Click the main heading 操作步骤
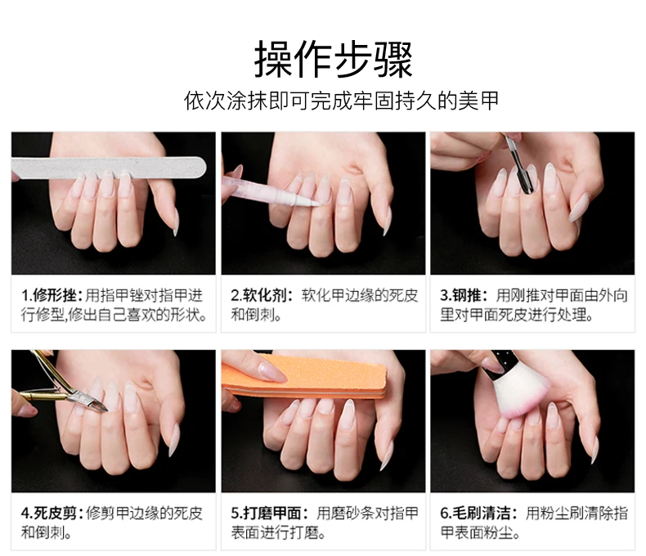(333, 60)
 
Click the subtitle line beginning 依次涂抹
(341, 101)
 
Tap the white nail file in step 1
(109, 168)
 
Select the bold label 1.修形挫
(49, 295)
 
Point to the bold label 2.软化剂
(258, 295)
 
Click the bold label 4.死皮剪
(49, 513)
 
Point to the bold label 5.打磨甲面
(266, 513)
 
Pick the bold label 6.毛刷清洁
(475, 513)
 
